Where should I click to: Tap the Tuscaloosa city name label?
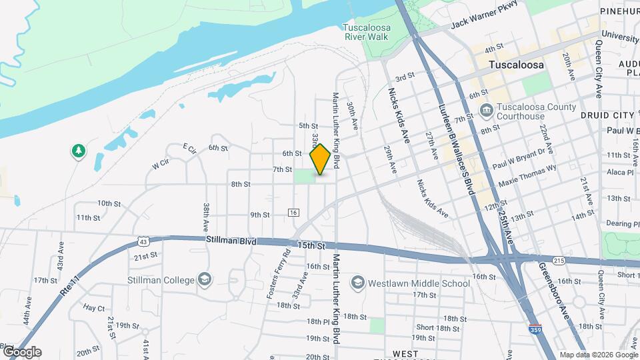516,65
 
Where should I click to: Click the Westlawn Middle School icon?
357,283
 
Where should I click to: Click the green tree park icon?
79,152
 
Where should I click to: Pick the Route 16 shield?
293,212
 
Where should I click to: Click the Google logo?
21,352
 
